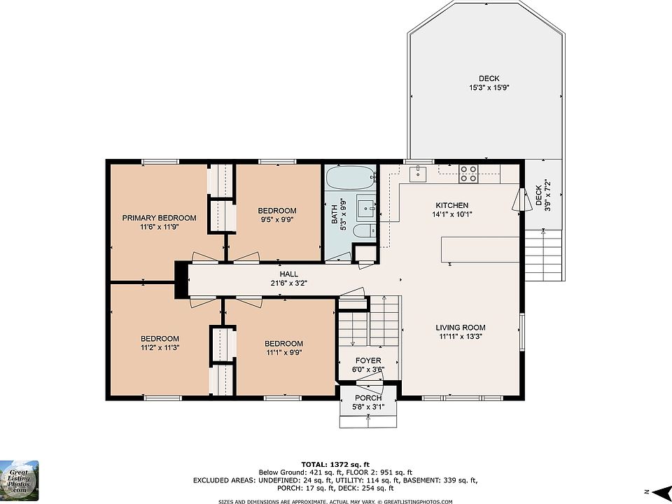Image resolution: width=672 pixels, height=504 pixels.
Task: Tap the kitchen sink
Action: tap(417, 174)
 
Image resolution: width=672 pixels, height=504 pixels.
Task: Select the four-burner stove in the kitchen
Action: tap(468, 174)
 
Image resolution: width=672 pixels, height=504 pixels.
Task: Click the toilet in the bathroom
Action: tap(364, 231)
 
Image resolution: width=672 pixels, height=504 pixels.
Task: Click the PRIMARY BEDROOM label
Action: tap(159, 218)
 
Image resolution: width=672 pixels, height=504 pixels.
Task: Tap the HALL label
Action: tap(289, 274)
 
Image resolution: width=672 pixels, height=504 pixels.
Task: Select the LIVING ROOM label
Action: tap(461, 328)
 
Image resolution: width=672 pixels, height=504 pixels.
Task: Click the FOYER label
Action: tap(368, 360)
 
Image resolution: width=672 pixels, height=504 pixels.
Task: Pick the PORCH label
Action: tap(368, 398)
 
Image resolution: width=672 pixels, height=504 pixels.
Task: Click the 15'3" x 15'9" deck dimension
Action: tap(489, 87)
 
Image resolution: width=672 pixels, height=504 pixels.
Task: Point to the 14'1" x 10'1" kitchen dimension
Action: tap(452, 214)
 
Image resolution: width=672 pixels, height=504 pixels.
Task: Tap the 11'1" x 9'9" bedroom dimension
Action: tap(283, 353)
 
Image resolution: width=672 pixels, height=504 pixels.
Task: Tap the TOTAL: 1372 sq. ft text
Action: tap(335, 464)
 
